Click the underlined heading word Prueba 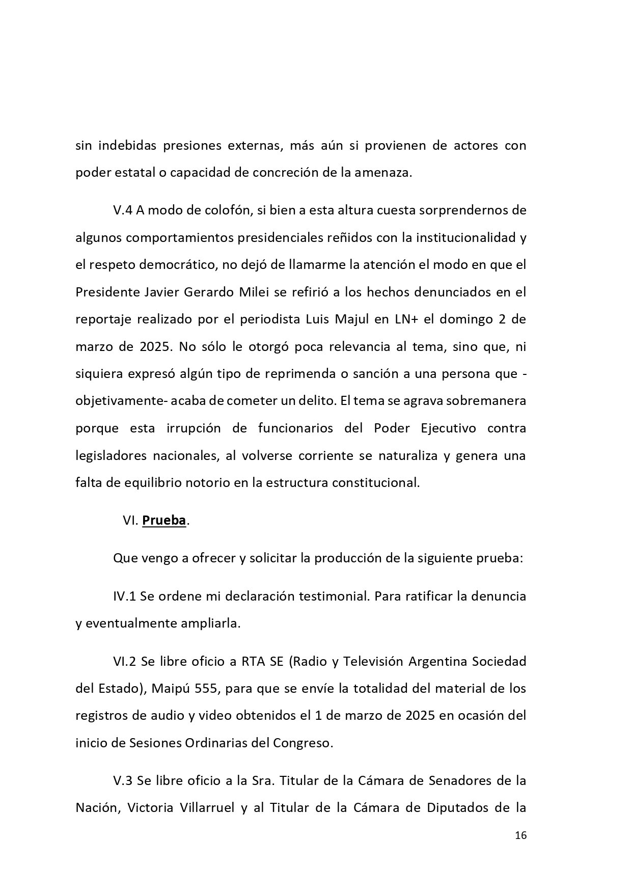click(x=163, y=521)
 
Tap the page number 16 click(x=520, y=835)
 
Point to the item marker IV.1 click(x=124, y=596)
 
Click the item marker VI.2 click(x=124, y=661)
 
